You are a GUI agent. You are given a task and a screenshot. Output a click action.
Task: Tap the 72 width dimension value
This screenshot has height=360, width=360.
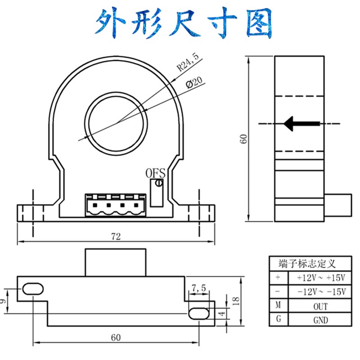point(116,237)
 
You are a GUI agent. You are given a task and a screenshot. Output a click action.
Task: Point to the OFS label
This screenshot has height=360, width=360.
point(156,173)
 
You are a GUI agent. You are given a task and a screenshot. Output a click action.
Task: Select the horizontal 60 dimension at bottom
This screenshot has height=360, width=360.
point(116,337)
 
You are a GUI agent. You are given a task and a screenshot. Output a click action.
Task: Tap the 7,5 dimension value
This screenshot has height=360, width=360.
point(198,288)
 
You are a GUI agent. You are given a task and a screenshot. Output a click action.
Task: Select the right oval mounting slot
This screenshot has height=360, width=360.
point(198,313)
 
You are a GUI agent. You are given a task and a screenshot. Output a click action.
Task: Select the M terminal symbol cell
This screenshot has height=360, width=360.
point(277,306)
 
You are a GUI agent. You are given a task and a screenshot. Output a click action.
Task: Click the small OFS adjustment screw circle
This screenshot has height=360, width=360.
point(158,183)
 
